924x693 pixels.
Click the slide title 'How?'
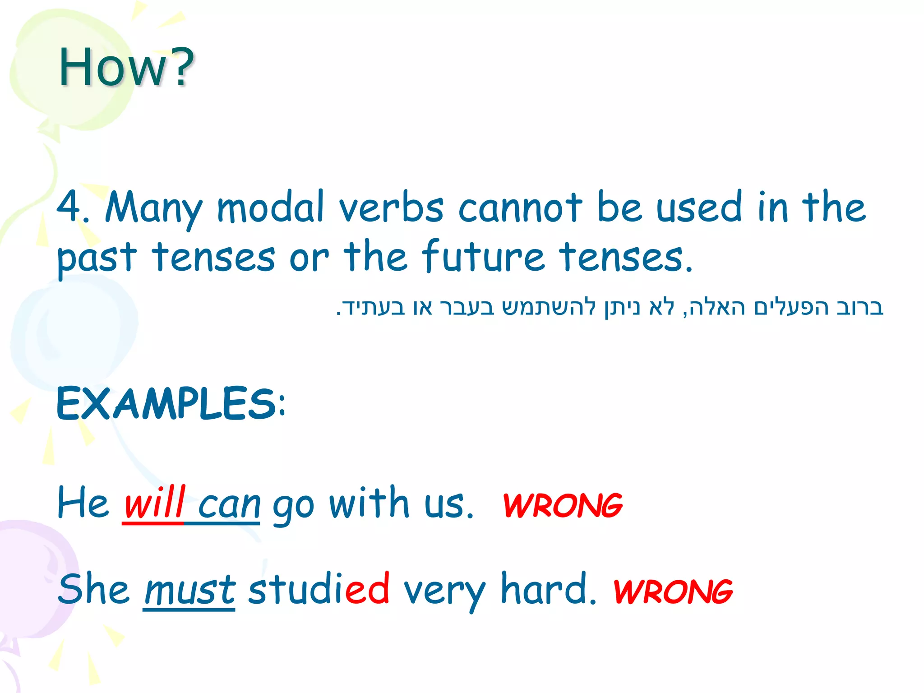[126, 68]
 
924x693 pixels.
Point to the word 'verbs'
[391, 208]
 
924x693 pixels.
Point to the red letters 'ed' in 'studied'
[367, 588]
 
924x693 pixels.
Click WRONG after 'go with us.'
[562, 505]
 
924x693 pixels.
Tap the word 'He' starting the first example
[83, 503]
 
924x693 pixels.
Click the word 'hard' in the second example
[544, 588]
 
